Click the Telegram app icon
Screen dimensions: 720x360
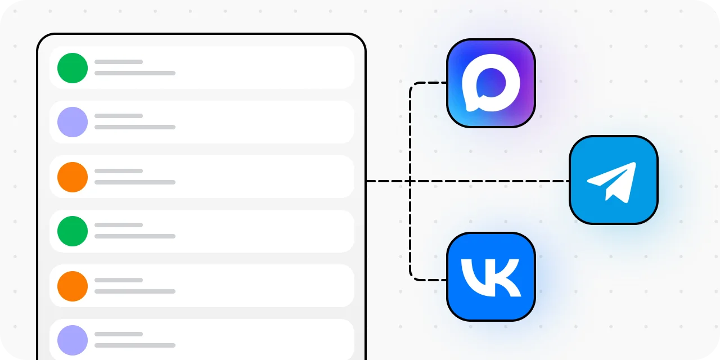[614, 180]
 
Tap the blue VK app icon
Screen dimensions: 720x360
[491, 277]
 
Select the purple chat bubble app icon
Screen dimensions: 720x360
[491, 83]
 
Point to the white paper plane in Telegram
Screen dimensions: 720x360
[611, 182]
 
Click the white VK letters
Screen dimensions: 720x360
[491, 278]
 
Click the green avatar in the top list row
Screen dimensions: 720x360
[73, 68]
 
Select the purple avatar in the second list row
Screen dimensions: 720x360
[73, 122]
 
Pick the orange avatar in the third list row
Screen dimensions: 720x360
[73, 177]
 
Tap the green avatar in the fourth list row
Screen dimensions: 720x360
[73, 231]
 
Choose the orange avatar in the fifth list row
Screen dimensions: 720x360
[73, 286]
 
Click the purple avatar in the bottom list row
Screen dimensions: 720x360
[73, 340]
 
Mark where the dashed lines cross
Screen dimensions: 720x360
[410, 181]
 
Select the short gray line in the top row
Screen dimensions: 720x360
[119, 62]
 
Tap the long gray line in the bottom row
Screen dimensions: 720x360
[135, 345]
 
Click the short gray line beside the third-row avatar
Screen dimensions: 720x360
[119, 171]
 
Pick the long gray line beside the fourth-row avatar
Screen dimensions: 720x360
[135, 236]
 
